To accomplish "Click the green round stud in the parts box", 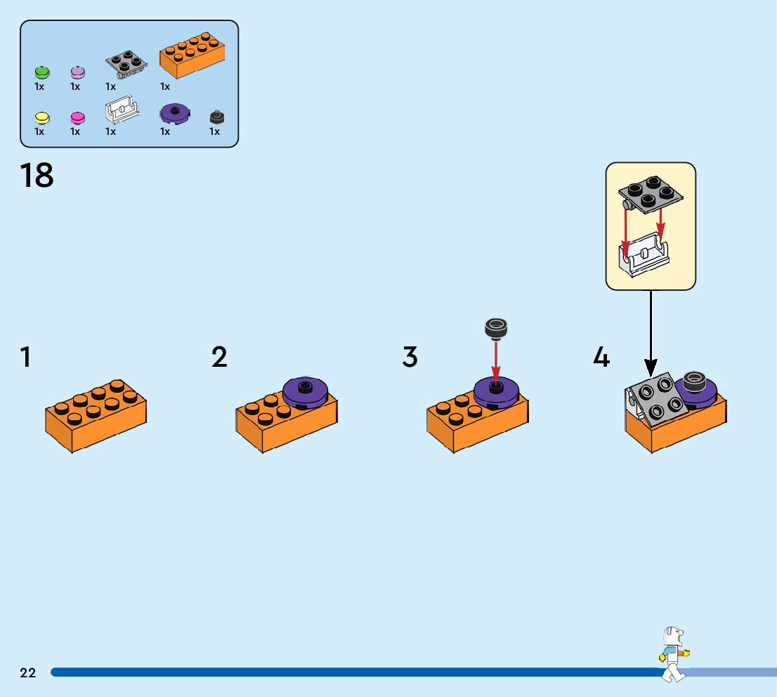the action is pos(41,72).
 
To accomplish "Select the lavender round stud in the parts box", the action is pos(77,72).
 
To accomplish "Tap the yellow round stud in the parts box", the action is pos(41,117).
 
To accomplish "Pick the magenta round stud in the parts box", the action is pos(77,117).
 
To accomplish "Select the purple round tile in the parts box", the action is pos(175,113).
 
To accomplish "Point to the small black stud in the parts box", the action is pos(217,117).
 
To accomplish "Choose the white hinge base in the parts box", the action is pos(121,110).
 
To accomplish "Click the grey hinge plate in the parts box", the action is pos(126,63).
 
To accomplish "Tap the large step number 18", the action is pos(37,176).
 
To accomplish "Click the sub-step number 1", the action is pos(25,358).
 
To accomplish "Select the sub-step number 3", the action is pos(410,358).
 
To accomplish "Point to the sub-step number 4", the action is pos(601,358).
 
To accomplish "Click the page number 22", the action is pos(28,673).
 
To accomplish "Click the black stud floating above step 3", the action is pos(496,327).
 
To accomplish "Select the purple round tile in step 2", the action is pos(305,390).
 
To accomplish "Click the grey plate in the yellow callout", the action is pos(650,194).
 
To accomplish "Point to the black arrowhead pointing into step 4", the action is pos(651,366).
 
